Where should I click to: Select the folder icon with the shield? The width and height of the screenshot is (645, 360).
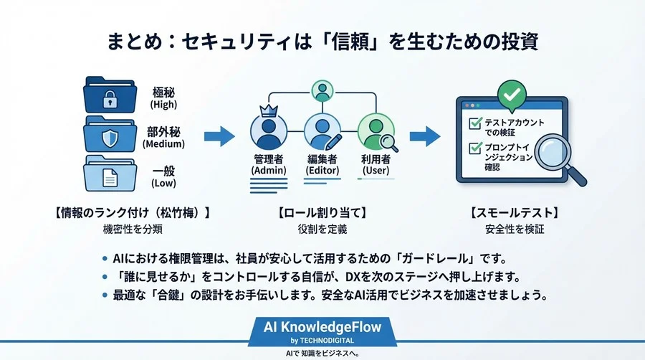pos(109,134)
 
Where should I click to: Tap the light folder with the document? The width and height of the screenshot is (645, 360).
pos(109,174)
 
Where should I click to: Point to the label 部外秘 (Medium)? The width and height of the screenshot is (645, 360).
pos(163,137)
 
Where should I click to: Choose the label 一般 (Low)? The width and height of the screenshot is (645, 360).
pos(163,176)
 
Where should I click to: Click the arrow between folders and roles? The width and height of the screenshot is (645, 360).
pos(219,135)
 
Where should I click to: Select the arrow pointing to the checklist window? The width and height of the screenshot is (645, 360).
pos(429,135)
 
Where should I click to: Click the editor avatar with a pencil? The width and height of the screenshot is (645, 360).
pos(322,132)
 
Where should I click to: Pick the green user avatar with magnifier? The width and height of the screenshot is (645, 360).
pos(376,132)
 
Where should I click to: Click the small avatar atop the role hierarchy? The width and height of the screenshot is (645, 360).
pos(322,91)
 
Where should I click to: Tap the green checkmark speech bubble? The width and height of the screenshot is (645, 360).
pos(512,94)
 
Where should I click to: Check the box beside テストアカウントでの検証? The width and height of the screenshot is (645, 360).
pos(474,123)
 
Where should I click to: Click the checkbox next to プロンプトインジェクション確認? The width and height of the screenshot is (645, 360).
pos(474,148)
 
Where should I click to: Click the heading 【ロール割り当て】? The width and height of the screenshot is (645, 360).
pos(322,213)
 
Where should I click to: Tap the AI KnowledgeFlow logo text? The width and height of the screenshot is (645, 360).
pos(322,326)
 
